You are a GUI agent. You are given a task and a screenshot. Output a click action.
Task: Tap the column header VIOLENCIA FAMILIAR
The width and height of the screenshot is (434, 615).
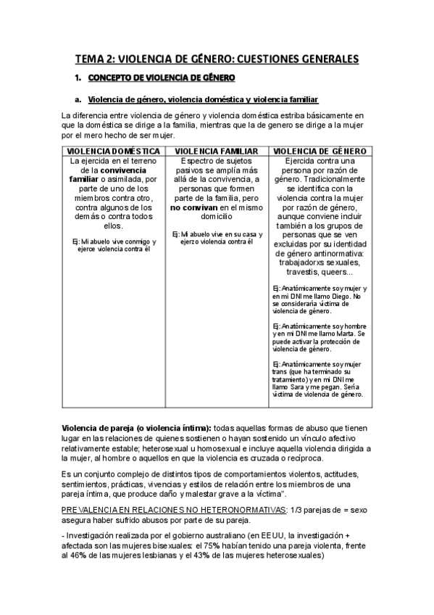pyautogui.click(x=217, y=149)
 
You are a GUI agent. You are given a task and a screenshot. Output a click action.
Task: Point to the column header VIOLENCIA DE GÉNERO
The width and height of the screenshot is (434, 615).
pyautogui.click(x=320, y=149)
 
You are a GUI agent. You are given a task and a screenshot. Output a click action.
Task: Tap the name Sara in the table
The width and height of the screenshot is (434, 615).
pyautogui.click(x=296, y=387)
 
